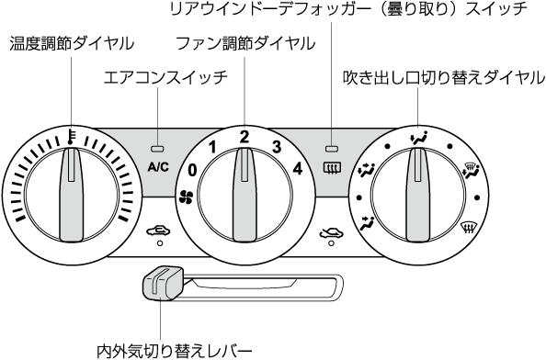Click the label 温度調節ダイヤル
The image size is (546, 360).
click(x=72, y=43)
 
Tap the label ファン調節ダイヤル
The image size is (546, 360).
click(x=245, y=43)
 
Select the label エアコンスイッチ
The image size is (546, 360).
click(x=165, y=77)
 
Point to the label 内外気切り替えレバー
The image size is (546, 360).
click(x=174, y=352)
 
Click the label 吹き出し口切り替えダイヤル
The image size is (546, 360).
click(x=444, y=77)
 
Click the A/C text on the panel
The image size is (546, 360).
click(x=158, y=167)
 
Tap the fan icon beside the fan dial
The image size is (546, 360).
click(x=186, y=197)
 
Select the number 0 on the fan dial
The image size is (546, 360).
click(x=192, y=171)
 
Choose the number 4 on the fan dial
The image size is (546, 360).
click(x=298, y=169)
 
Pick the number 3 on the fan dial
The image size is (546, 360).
click(x=277, y=147)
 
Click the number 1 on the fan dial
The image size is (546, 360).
click(x=212, y=148)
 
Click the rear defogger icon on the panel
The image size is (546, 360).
click(x=332, y=168)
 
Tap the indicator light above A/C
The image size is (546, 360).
click(x=157, y=149)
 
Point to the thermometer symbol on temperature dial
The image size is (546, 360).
click(x=72, y=137)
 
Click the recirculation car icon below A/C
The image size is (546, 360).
click(x=158, y=231)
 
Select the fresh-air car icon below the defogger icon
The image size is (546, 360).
click(x=332, y=232)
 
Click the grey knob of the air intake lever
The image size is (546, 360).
click(x=163, y=284)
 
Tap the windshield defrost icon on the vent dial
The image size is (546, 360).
click(x=469, y=228)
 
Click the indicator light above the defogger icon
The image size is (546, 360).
click(x=332, y=149)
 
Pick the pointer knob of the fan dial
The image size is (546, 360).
click(x=245, y=195)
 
